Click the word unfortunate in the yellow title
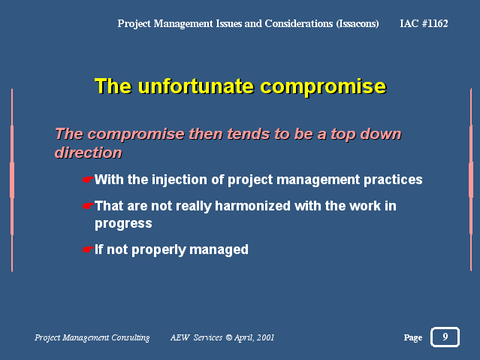point(195,86)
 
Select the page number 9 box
point(445,337)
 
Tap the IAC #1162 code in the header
point(424,23)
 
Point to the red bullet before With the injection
point(87,180)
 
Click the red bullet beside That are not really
point(87,206)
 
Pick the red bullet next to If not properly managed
point(87,250)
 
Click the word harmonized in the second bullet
point(252,206)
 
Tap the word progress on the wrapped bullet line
point(123,224)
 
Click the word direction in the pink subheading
point(88,153)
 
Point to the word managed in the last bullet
point(219,250)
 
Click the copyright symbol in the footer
point(228,337)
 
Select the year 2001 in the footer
point(265,337)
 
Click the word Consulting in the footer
point(131,337)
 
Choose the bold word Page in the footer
point(413,337)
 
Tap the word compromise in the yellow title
point(323,87)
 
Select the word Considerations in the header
point(299,23)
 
